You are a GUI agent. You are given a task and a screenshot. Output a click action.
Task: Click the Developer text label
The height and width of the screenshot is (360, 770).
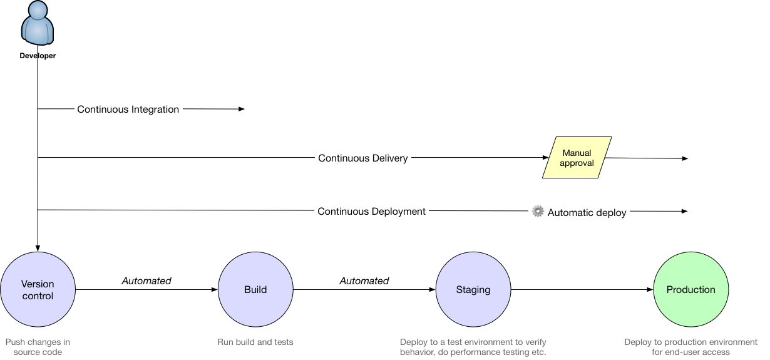(38, 56)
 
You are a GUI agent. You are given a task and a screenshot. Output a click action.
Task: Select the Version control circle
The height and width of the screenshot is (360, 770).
(38, 290)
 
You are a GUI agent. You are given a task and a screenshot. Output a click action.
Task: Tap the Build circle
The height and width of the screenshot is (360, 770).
(255, 290)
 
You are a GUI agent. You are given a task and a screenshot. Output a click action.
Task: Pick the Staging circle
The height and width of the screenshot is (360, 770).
(473, 290)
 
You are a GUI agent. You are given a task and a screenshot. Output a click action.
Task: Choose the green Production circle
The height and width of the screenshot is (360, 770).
(690, 290)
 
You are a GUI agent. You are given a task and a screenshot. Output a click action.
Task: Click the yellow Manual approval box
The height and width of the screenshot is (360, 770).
(577, 158)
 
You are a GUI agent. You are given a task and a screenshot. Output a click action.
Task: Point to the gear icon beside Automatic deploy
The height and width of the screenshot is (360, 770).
(538, 212)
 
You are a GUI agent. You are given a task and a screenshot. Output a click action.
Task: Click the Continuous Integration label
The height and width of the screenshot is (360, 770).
(128, 110)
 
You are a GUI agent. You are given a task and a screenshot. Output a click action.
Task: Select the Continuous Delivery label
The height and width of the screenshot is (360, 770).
(363, 158)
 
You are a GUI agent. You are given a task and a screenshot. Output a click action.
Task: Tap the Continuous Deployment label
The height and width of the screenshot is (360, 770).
(371, 212)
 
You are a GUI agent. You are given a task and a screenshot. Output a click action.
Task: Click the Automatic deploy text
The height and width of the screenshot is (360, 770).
(587, 213)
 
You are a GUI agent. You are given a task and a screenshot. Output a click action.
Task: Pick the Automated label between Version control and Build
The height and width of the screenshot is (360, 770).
(146, 281)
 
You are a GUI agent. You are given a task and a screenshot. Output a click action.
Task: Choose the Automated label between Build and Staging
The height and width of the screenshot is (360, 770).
(364, 281)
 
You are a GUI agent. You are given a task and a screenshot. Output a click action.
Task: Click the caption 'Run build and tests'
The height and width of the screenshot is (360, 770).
(255, 342)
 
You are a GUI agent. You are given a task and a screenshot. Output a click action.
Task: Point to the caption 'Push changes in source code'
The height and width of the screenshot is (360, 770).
(38, 347)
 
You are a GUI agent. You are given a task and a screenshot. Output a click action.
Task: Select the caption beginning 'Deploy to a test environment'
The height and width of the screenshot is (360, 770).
(473, 347)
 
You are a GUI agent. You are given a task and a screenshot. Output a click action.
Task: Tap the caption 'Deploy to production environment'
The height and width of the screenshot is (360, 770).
(690, 347)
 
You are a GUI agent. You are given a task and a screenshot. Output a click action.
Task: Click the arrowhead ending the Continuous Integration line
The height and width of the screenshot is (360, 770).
(242, 109)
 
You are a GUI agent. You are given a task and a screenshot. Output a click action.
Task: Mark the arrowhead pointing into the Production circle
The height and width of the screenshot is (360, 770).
(650, 290)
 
